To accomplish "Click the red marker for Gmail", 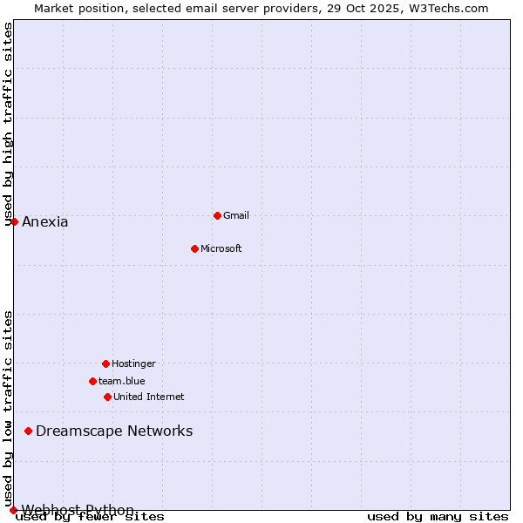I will pyautogui.click(x=217, y=215).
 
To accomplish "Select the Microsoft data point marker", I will pyautogui.click(x=194, y=248).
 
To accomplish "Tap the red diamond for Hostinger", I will pyautogui.click(x=105, y=363).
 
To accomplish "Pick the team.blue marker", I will pyautogui.click(x=92, y=381).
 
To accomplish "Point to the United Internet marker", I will pyautogui.click(x=107, y=397).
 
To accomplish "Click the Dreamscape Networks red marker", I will pyautogui.click(x=28, y=431).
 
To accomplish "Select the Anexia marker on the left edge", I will pyautogui.click(x=14, y=221).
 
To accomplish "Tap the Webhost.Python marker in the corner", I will pyautogui.click(x=13, y=510).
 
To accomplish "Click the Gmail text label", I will pyautogui.click(x=236, y=215).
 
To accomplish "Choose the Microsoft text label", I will pyautogui.click(x=221, y=248).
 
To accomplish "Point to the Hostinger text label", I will pyautogui.click(x=133, y=363).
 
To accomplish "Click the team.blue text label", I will pyautogui.click(x=122, y=381).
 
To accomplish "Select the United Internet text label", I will pyautogui.click(x=149, y=397).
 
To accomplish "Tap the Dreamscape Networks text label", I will pyautogui.click(x=114, y=431).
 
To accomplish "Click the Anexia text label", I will pyautogui.click(x=45, y=221).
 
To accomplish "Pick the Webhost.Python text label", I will pyautogui.click(x=78, y=510).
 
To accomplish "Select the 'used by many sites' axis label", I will pyautogui.click(x=438, y=516).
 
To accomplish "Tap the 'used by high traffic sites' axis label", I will pyautogui.click(x=8, y=124).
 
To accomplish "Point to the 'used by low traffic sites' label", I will pyautogui.click(x=8, y=409).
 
